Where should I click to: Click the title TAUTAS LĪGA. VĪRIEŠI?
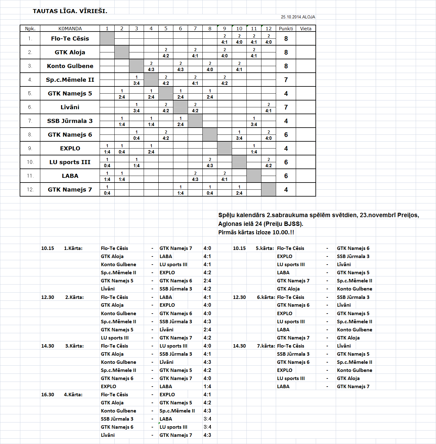70,11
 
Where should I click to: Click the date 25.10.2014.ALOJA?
298,17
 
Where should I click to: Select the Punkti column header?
286,29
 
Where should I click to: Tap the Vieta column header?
305,29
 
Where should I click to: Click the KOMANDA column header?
70,29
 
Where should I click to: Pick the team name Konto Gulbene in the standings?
70,66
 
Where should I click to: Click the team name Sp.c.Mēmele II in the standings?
70,80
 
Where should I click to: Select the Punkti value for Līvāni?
286,107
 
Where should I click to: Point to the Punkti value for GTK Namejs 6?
286,135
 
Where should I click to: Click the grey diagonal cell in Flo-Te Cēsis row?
107,39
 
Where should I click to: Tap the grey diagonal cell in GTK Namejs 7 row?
269,190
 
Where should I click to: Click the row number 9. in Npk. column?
30,149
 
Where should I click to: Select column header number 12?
269,29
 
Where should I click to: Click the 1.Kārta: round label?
73,248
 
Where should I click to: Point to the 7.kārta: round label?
266,346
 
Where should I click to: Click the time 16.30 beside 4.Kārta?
47,395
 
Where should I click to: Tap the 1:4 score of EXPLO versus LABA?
207,387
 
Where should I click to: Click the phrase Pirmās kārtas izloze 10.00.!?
256,232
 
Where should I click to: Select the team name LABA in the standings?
70,176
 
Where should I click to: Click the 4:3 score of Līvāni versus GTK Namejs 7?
207,435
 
